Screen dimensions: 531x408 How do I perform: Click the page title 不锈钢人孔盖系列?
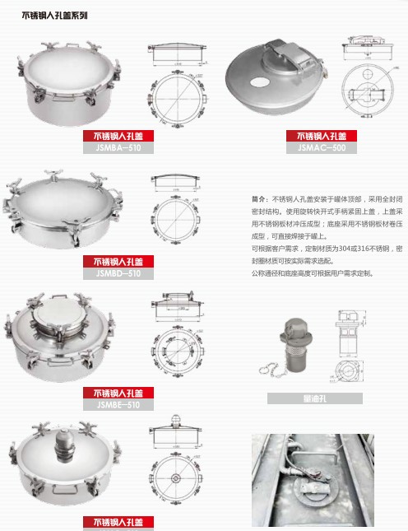click(55, 15)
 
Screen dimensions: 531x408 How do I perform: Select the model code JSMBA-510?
click(118, 148)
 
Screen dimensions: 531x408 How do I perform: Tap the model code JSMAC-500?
click(322, 148)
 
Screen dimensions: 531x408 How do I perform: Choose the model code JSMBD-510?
click(118, 273)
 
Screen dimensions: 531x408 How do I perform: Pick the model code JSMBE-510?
click(118, 404)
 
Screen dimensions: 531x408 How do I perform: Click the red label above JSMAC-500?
click(322, 136)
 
